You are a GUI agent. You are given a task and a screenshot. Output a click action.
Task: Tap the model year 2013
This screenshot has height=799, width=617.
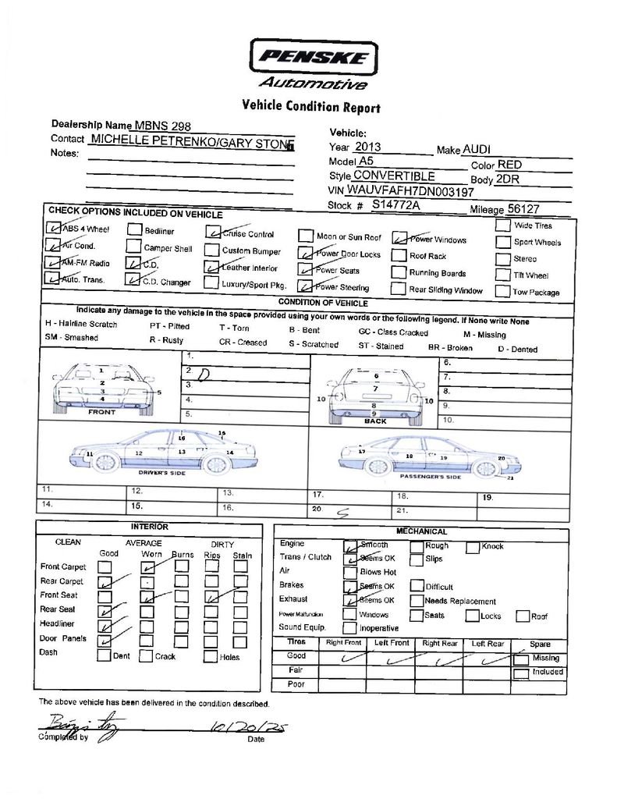369,147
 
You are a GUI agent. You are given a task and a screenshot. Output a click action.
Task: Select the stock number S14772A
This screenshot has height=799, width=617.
395,205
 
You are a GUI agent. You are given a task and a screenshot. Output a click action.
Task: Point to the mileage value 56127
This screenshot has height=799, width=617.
523,209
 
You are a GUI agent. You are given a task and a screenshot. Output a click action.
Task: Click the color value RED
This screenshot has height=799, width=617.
509,165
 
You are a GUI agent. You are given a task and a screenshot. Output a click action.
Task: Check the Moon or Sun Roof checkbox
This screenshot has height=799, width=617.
305,236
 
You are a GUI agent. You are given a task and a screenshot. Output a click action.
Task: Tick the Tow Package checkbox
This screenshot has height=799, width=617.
502,292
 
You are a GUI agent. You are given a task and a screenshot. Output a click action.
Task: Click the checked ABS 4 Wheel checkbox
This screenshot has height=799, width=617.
53,229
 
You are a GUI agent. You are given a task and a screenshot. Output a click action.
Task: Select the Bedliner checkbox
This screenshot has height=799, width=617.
133,230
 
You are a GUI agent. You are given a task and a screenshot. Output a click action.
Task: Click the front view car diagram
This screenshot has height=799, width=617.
103,386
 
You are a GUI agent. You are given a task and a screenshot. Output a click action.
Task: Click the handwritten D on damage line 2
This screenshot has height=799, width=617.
204,375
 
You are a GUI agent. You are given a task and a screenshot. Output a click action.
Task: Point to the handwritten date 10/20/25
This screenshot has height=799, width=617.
247,728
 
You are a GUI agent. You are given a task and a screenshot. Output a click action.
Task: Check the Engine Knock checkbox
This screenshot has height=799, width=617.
472,547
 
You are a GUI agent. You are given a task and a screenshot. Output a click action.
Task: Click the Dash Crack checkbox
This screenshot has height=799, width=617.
146,656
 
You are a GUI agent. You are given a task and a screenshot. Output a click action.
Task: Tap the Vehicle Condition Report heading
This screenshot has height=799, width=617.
311,106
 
